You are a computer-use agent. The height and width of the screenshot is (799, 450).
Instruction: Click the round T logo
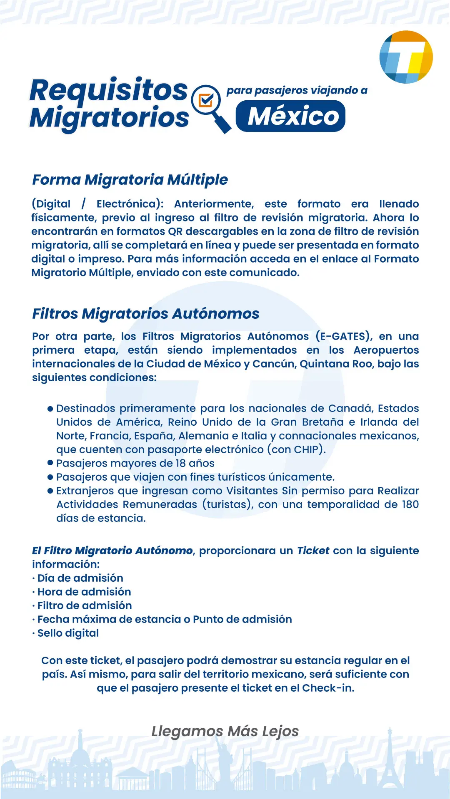(x=406, y=57)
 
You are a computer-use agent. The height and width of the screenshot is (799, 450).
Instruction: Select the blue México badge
(x=290, y=116)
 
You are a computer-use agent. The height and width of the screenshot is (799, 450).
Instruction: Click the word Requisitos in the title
(x=109, y=90)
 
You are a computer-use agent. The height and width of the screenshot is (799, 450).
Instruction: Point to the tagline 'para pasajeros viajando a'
(x=297, y=90)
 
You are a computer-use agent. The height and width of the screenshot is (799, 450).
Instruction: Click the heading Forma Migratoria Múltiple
(x=130, y=180)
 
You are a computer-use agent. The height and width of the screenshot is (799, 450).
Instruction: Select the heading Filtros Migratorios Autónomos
(x=145, y=313)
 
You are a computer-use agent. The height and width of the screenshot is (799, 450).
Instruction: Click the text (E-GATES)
(x=344, y=336)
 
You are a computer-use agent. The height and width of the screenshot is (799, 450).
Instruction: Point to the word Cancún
(x=272, y=364)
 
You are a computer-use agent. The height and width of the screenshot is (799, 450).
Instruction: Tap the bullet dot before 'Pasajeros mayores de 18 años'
(x=50, y=463)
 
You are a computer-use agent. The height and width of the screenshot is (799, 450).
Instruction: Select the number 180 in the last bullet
(x=410, y=504)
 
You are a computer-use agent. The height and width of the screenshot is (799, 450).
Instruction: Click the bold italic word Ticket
(x=313, y=551)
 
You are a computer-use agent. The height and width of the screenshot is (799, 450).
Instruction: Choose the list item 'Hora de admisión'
(x=84, y=592)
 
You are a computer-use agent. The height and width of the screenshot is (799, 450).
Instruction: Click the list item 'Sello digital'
(x=68, y=633)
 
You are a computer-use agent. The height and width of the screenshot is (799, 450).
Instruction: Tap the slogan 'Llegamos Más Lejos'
(x=225, y=731)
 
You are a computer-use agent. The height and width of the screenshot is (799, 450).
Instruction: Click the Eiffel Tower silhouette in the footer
(x=390, y=766)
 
